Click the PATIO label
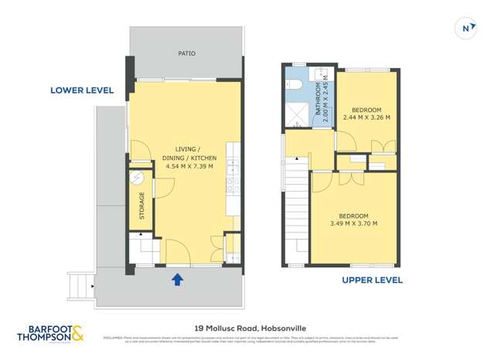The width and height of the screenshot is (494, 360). click(x=186, y=54)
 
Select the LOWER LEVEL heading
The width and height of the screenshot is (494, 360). click(x=82, y=90)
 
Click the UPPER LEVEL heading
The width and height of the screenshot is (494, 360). click(x=372, y=280)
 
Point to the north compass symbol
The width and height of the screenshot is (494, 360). click(x=466, y=28)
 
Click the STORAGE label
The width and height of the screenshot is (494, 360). click(x=141, y=206)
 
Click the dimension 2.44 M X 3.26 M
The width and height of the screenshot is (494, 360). click(x=366, y=117)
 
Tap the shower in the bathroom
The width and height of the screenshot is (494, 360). click(x=296, y=115)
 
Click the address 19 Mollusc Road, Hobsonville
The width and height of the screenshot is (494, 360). click(x=246, y=327)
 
